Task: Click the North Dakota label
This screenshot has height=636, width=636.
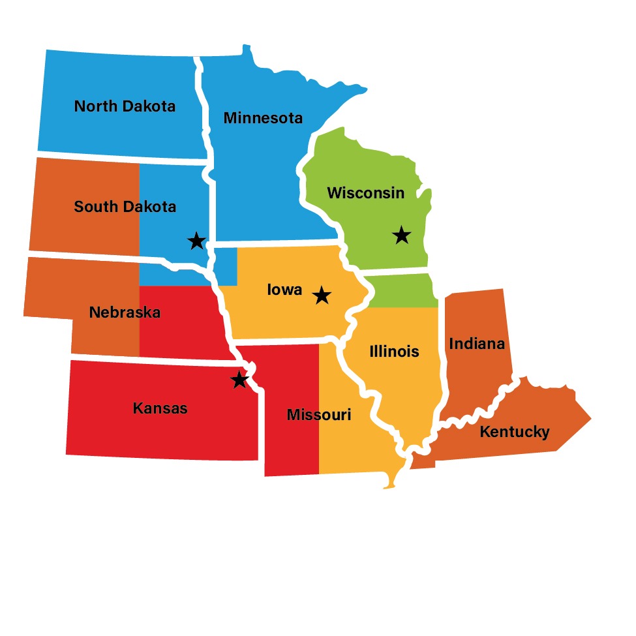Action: [x=125, y=106]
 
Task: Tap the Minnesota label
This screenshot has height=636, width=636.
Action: [x=263, y=118]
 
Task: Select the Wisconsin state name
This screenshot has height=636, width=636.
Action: [x=365, y=193]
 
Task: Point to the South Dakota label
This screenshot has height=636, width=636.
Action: [x=125, y=207]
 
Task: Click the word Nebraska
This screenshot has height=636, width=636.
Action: [x=125, y=312]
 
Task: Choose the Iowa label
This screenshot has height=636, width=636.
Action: [x=285, y=289]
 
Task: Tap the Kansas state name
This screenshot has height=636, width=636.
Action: [x=160, y=408]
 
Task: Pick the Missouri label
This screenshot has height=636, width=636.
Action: [x=319, y=415]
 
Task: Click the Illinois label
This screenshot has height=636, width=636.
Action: [x=394, y=352]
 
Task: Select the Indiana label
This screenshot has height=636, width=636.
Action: [x=477, y=343]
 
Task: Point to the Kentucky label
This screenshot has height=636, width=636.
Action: [x=515, y=431]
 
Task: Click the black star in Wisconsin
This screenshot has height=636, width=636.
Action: [x=402, y=235]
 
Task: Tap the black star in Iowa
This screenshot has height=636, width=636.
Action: [x=321, y=295]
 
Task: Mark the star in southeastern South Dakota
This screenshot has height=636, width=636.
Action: [x=196, y=241]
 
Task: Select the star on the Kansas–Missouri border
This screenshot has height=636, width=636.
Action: [x=240, y=380]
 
